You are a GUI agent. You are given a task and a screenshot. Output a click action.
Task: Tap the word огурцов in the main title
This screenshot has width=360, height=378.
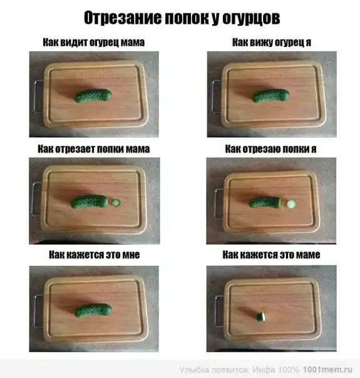tap(251, 18)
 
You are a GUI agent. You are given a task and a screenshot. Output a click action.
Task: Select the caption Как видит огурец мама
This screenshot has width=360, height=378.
tap(94, 43)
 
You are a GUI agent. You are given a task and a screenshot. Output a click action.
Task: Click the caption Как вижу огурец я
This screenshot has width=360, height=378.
tap(272, 43)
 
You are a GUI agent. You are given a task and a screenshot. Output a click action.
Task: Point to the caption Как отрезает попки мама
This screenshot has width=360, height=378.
tap(94, 149)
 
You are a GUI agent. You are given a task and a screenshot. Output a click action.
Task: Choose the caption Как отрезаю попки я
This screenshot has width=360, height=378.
tap(271, 149)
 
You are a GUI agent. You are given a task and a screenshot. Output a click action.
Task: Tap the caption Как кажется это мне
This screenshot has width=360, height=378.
tap(95, 255)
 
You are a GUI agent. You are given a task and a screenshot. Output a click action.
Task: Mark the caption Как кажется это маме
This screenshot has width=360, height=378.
tap(271, 255)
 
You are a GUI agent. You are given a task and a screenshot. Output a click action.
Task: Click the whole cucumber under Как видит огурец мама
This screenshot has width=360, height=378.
tap(93, 96)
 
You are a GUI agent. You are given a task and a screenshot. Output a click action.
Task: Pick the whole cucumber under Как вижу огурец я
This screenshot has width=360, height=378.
tap(271, 96)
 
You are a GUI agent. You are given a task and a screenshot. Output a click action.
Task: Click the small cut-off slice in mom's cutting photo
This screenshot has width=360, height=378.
tap(116, 203)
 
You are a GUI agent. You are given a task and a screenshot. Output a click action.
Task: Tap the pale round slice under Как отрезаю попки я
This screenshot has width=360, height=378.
tap(291, 204)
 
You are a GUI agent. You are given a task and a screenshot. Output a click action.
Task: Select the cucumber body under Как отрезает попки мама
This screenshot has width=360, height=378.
tap(89, 202)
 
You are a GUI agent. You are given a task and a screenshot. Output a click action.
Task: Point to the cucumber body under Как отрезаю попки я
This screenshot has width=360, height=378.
tap(265, 203)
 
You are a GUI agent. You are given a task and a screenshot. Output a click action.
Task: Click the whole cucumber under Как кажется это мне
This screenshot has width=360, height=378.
tap(93, 310)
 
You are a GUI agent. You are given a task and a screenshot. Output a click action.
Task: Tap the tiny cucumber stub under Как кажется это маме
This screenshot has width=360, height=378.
tap(260, 317)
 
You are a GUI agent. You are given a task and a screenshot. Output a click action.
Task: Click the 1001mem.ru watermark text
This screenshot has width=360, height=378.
tap(327, 370)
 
